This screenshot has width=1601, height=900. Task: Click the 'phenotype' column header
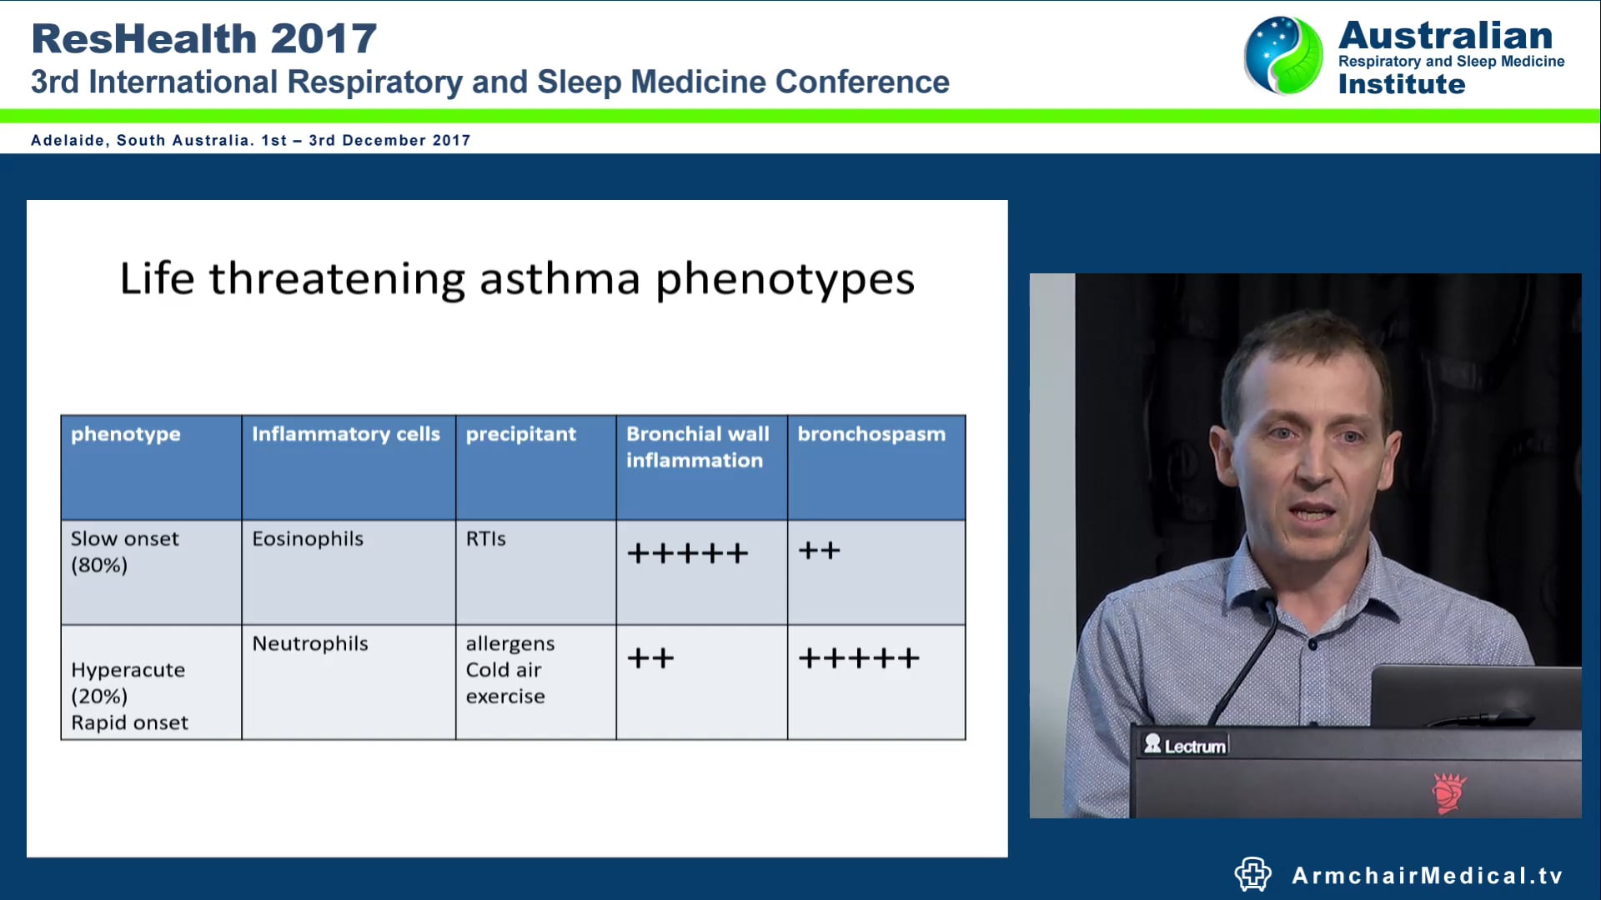(126, 434)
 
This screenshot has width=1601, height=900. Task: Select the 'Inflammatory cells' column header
(345, 434)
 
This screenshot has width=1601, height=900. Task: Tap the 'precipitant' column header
(520, 434)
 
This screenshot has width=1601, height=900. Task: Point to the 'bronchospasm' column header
(871, 434)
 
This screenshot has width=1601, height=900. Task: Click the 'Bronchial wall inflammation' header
(697, 447)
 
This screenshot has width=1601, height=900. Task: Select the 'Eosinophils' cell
(308, 539)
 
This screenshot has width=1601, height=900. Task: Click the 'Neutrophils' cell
(310, 643)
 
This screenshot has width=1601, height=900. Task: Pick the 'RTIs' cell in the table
(485, 539)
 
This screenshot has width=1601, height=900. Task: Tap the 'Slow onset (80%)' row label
(124, 552)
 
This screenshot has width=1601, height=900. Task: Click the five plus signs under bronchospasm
(859, 658)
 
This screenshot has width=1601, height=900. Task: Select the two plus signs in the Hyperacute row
(650, 658)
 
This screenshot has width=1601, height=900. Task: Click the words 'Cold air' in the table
(504, 670)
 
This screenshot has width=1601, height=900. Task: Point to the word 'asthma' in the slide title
(560, 278)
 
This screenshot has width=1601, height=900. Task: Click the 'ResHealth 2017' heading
(204, 38)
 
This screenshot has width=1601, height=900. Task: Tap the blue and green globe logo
(1283, 55)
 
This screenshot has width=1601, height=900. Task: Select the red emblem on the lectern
(1448, 792)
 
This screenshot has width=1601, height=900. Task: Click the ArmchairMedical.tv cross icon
(1252, 874)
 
